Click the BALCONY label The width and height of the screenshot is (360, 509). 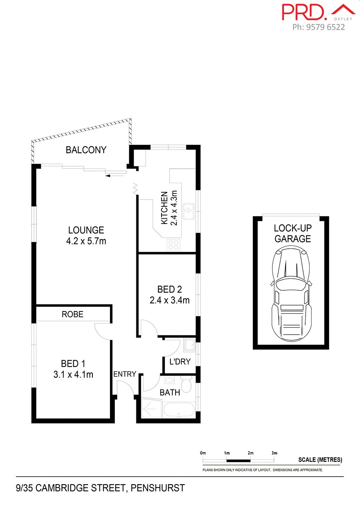[86, 150]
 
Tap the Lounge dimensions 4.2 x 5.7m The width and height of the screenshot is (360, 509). [86, 241]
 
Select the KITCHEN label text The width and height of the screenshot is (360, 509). [164, 208]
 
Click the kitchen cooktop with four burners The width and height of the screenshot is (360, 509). [173, 244]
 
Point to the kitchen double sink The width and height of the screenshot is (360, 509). [188, 212]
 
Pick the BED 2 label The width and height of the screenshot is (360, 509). [169, 289]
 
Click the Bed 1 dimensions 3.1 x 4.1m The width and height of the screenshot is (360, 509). [73, 375]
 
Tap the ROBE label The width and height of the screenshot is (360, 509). [72, 314]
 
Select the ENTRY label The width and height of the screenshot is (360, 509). [125, 374]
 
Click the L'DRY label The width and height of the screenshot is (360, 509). [180, 362]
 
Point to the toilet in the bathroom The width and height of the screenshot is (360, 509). [186, 384]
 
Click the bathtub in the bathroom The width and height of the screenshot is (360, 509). [179, 410]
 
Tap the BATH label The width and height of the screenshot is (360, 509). [170, 393]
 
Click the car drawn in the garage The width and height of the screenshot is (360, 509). [291, 294]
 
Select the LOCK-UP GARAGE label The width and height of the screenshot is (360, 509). [292, 234]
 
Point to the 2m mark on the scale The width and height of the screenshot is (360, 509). [250, 453]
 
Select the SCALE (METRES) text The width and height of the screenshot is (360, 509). [320, 460]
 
